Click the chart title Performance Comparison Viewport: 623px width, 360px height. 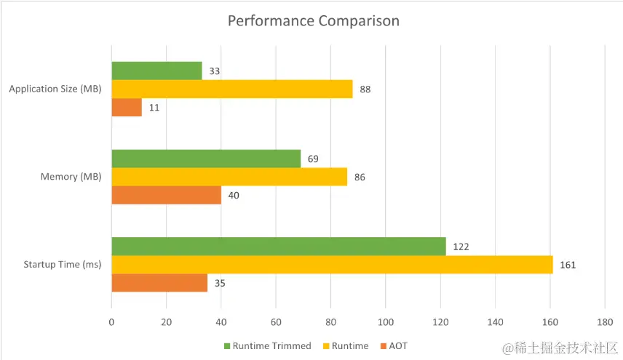313,20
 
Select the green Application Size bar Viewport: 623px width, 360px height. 156,71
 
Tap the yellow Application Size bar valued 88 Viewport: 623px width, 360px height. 231,89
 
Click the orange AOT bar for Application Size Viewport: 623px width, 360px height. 127,107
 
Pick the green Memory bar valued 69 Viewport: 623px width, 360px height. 206,159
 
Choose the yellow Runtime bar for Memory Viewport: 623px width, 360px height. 229,177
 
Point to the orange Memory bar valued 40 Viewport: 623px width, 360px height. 166,195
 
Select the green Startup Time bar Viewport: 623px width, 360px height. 278,247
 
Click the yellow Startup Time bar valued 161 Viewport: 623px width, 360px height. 332,265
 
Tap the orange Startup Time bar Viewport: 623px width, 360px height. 159,283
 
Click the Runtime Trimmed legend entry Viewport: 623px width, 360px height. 267,345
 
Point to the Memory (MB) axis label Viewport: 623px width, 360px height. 71,177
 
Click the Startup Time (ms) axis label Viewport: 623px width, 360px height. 62,265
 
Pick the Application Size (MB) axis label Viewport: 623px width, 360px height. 55,89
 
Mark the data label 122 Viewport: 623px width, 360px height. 460,247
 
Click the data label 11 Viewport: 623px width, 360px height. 153,107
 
